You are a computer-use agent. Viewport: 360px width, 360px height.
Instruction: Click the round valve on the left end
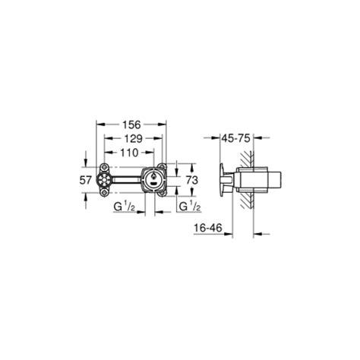coord(104,180)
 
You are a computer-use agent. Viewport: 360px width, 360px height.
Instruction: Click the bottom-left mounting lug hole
coord(104,195)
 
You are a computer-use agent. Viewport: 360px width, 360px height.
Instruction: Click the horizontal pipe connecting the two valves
coord(128,180)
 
